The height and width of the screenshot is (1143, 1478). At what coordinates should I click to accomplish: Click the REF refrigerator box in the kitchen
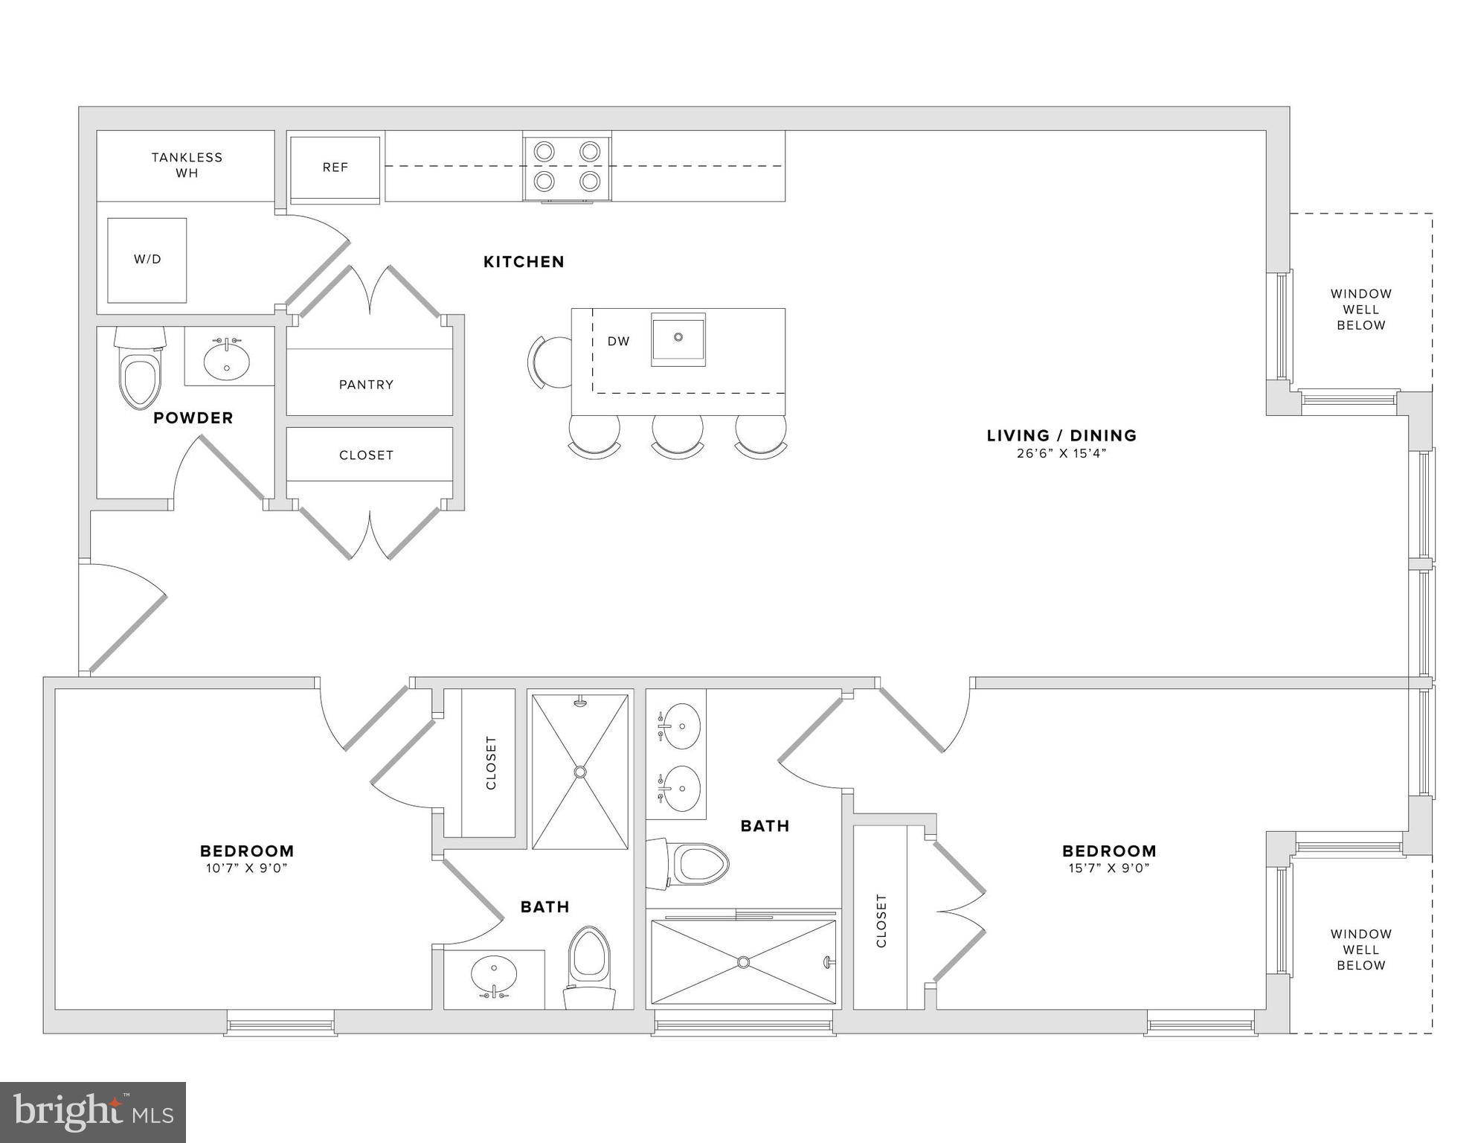335,168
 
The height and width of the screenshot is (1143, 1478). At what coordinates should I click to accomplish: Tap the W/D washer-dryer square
147,260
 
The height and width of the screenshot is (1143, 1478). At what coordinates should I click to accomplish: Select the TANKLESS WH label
187,165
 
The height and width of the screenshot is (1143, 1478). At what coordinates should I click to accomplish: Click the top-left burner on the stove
544,152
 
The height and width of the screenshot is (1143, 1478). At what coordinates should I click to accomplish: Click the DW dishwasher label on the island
618,342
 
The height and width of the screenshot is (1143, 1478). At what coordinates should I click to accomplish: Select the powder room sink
227,359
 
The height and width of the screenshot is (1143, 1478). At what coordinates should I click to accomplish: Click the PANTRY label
366,385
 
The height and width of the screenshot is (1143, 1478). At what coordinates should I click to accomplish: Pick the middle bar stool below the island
678,435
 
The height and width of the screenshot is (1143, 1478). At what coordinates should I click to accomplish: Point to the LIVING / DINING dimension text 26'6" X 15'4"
1061,453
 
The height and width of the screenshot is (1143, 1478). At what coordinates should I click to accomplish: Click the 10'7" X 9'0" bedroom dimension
247,868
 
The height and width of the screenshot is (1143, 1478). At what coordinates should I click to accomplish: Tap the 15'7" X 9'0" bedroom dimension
1109,868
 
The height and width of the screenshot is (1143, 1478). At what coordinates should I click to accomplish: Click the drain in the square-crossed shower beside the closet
580,772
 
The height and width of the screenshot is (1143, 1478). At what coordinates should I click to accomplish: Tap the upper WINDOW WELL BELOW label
1360,310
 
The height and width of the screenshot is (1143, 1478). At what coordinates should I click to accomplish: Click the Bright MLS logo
93,1112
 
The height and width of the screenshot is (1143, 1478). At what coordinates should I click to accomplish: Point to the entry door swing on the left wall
123,618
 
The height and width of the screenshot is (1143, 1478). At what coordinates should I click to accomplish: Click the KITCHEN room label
524,262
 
